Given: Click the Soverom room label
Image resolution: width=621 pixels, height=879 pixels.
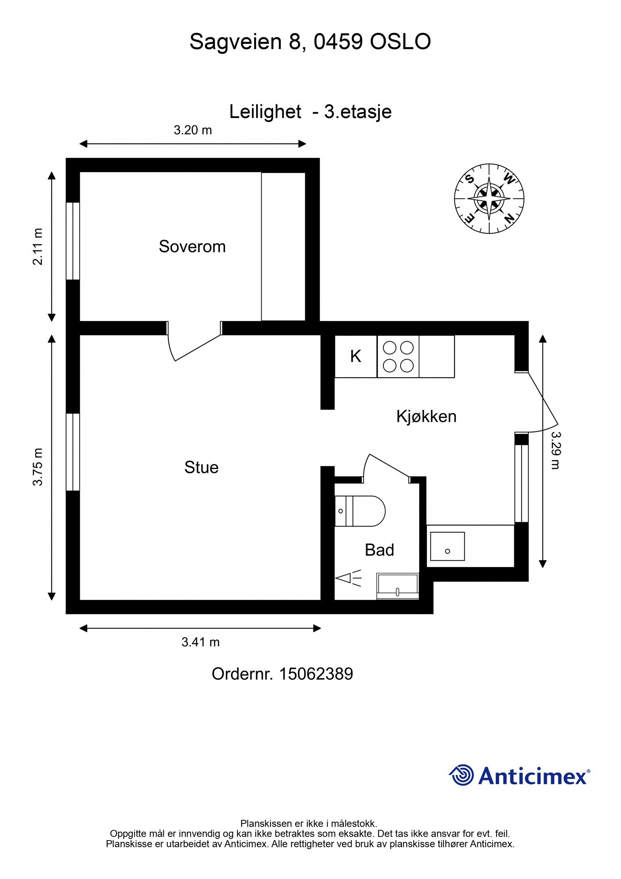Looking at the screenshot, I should point(192,247).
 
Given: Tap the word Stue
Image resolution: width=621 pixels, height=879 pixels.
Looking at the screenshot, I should point(201,467).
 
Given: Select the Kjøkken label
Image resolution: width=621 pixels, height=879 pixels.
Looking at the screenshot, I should point(426,416).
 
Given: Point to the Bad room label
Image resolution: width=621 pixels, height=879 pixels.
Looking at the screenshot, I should point(379,550).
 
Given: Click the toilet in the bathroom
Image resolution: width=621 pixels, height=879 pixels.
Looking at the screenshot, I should point(359,511).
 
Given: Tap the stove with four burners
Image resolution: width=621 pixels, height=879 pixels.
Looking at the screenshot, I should point(398,356).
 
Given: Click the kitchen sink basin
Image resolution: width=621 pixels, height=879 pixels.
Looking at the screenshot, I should point(447,546).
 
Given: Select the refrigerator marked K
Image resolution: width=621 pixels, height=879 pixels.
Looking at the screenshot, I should point(356,356).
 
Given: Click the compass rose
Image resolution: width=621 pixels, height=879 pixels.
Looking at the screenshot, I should point(489,198).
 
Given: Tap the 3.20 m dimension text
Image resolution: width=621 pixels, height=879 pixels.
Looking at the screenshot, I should point(193,130).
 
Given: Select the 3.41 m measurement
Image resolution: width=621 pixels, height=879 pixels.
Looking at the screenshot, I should point(200,642).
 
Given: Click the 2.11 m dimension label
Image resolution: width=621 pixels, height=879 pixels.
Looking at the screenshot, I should point(38,246).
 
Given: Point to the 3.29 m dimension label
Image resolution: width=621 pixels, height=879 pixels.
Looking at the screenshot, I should point(556,450).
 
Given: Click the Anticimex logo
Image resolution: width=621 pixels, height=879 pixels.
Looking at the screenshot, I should point(519,776).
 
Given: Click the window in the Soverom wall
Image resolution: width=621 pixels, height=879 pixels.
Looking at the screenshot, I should point(73,241).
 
